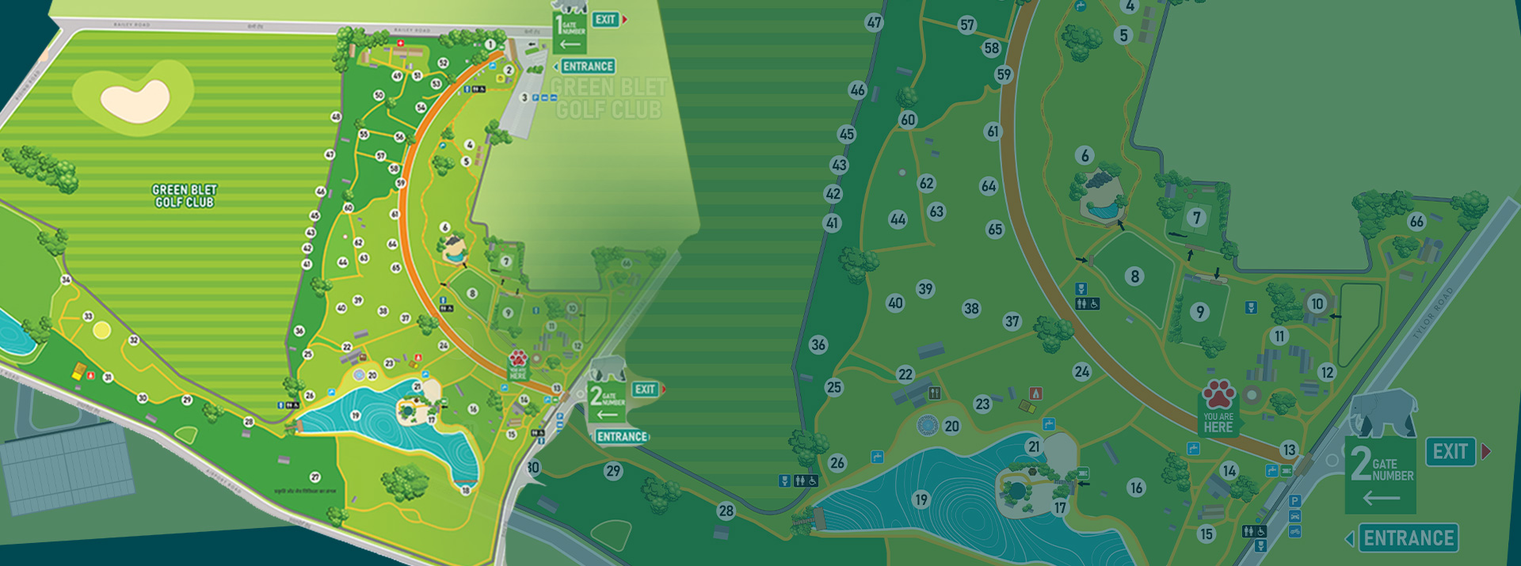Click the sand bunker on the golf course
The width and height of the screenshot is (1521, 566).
pyautogui.click(x=135, y=99)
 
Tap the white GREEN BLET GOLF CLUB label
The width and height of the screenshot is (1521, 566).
pyautogui.click(x=185, y=196)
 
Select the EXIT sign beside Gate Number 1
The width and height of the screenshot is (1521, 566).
pyautogui.click(x=606, y=20)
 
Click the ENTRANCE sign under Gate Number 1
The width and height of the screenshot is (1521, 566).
pyautogui.click(x=588, y=66)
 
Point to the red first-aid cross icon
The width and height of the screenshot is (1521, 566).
pyautogui.click(x=400, y=43)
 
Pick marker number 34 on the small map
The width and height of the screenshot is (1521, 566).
pyautogui.click(x=66, y=279)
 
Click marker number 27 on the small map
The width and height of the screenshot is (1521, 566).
pyautogui.click(x=315, y=477)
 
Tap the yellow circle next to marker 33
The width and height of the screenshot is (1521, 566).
pyautogui.click(x=101, y=330)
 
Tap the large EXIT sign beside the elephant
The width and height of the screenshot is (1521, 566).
pyautogui.click(x=1450, y=451)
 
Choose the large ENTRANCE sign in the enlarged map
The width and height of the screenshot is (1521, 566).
pyautogui.click(x=1409, y=538)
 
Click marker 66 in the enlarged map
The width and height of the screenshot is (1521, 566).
pyautogui.click(x=1416, y=222)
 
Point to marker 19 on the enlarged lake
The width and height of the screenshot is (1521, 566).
pyautogui.click(x=921, y=500)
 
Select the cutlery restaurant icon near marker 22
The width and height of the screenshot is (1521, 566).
pyautogui.click(x=935, y=393)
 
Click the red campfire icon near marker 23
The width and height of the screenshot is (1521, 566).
pyautogui.click(x=1035, y=393)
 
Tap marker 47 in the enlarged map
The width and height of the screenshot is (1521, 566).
pyautogui.click(x=874, y=22)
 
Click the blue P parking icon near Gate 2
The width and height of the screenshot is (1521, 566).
pyautogui.click(x=1294, y=500)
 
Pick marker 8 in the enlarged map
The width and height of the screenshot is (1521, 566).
pyautogui.click(x=1134, y=276)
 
